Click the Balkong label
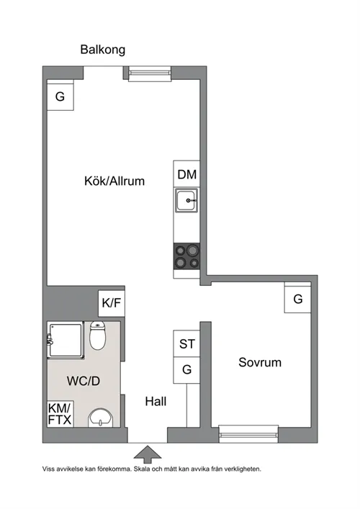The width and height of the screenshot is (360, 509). coord(102,50)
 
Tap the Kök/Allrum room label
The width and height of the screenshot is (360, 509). coord(114,181)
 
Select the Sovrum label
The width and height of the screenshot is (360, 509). coord(260,362)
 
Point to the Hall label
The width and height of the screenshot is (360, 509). coord(156,402)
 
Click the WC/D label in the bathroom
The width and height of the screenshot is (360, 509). coord(84,381)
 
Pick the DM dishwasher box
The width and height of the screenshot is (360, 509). coord(186,174)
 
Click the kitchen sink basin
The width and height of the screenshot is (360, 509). coord(186,200)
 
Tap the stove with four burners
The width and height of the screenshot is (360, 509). coord(186,256)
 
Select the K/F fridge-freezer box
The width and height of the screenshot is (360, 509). coord(112,303)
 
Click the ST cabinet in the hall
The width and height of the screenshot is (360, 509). coord(186,343)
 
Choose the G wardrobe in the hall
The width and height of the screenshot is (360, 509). coord(186,370)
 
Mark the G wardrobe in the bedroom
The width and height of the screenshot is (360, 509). coord(297,299)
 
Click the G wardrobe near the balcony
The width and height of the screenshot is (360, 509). coord(60,96)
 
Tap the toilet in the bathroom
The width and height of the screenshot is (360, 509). coord(97,335)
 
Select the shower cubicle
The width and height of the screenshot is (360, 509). coord(66,340)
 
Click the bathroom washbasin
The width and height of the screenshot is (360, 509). coord(101,418)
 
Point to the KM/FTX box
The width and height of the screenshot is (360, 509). coord(60,414)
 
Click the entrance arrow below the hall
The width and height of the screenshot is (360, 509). coord(148,454)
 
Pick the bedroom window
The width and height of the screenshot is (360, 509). coord(248,434)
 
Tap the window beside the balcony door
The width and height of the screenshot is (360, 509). coord(150,73)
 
